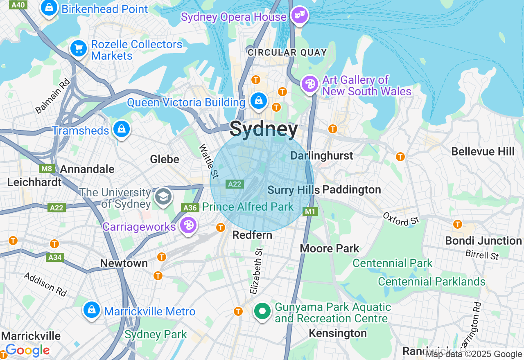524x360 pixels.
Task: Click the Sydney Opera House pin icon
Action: pos(300,16)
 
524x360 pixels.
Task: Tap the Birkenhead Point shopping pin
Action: pos(49,8)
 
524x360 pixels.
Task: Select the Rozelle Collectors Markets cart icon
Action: pos(78,49)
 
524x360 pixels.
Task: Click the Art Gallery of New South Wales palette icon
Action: pos(310,84)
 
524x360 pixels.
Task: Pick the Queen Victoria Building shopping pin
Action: pos(258,101)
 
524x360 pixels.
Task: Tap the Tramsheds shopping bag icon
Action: pos(121,129)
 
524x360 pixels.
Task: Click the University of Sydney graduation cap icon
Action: pos(163,197)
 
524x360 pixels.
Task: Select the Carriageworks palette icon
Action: pos(188,225)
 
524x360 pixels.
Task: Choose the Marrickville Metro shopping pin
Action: pos(92,310)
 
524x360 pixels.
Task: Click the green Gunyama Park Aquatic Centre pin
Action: pos(262,311)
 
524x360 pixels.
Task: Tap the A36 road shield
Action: pos(190,208)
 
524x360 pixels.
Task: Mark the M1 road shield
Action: pos(310,211)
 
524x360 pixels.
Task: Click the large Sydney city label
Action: pos(264,129)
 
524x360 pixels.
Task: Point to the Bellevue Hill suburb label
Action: pos(483,151)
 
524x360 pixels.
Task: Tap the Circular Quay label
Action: pos(287,52)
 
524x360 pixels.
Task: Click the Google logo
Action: pos(27,351)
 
